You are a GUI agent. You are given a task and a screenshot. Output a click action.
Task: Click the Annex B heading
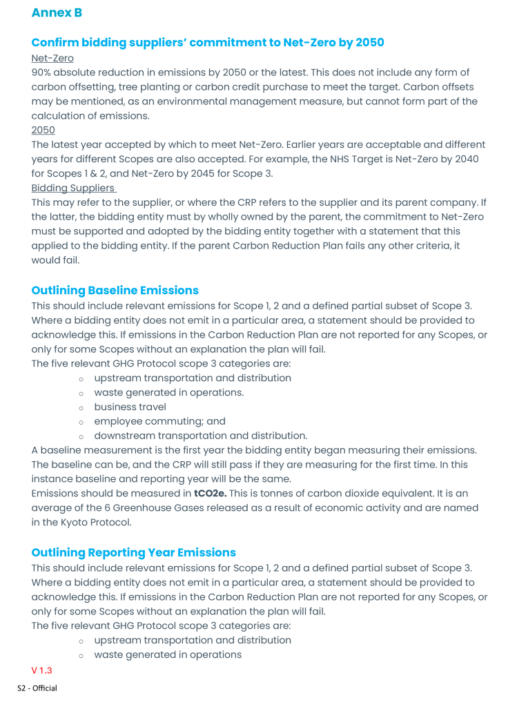pos(57,12)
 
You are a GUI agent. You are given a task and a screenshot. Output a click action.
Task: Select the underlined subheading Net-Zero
pos(52,58)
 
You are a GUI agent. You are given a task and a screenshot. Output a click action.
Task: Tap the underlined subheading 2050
pos(43,130)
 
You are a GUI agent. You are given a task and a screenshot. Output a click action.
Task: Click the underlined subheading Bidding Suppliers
pos(73,188)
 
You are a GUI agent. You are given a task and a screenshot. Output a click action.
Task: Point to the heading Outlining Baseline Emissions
pos(115,290)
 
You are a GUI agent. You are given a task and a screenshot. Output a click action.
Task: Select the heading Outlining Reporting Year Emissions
pos(133,552)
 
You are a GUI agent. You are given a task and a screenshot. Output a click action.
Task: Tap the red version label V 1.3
pos(41,670)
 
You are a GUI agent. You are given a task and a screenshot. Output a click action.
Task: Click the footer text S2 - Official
pos(37,688)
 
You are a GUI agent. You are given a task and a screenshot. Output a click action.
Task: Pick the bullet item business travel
pos(130,407)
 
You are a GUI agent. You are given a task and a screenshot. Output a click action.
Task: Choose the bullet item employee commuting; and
pos(159,421)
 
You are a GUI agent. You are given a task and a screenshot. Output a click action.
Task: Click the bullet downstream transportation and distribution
pos(200,436)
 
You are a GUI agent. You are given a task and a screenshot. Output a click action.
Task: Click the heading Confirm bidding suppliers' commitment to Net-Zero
pos(207,42)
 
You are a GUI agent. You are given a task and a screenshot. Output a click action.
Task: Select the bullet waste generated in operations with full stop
pos(168,392)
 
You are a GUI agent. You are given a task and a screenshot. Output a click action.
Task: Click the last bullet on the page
pos(168,655)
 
